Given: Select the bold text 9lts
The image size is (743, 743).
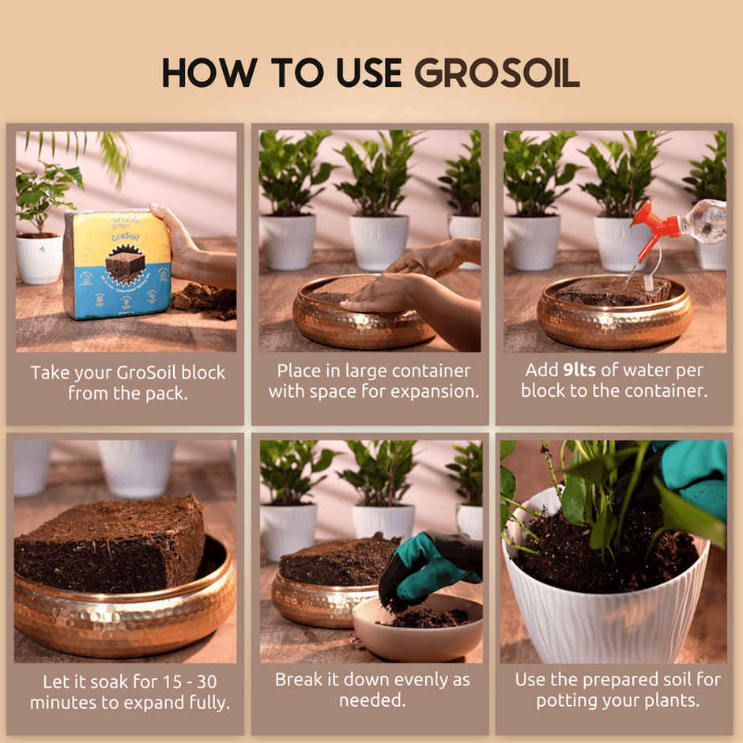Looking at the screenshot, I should click(585, 371).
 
